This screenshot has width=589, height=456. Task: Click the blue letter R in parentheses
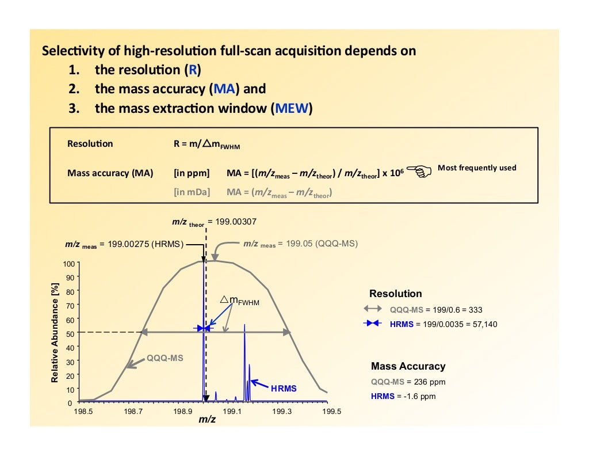pos(192,70)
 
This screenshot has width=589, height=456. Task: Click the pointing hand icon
pos(422,171)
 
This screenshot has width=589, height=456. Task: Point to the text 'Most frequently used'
pos(477,168)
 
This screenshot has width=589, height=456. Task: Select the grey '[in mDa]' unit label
pos(192,193)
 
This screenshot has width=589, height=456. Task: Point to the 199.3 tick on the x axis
pos(282,412)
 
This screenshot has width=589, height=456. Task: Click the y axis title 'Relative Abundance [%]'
pos(55,333)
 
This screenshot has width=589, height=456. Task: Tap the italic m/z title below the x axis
pos(207,420)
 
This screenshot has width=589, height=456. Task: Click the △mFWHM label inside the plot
pos(240,301)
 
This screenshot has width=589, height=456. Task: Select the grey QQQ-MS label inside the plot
pos(165,358)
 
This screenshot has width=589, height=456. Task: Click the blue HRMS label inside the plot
pos(284,389)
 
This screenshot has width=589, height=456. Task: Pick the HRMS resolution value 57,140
pos(482,324)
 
